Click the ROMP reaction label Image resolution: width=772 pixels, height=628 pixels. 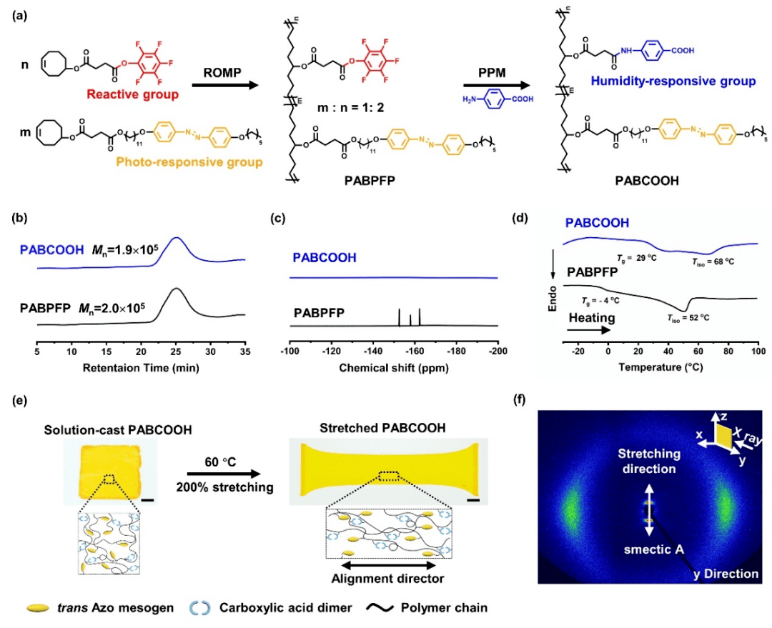pyautogui.click(x=222, y=72)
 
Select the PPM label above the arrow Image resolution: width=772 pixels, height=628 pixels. pyautogui.click(x=492, y=73)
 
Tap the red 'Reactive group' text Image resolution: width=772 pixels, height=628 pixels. pyautogui.click(x=132, y=94)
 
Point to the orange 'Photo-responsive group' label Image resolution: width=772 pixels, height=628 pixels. pyautogui.click(x=189, y=162)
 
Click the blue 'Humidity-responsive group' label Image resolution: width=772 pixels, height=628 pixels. pyautogui.click(x=673, y=81)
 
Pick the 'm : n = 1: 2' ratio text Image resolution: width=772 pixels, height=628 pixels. pyautogui.click(x=350, y=107)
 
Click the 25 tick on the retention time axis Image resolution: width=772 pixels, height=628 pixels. pyautogui.click(x=176, y=352)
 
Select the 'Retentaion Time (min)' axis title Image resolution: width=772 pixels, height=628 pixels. pyautogui.click(x=141, y=368)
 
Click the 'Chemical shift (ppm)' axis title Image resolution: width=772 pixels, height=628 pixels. pyautogui.click(x=394, y=368)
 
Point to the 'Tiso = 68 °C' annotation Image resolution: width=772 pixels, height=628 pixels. pyautogui.click(x=713, y=261)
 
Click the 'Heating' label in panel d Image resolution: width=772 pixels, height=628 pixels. pyautogui.click(x=592, y=318)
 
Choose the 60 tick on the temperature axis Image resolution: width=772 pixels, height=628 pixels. pyautogui.click(x=698, y=351)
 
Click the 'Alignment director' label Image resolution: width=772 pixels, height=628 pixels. pyautogui.click(x=388, y=579)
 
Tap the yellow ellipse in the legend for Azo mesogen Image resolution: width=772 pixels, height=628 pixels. pyautogui.click(x=38, y=608)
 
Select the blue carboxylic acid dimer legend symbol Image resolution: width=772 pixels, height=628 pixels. pyautogui.click(x=200, y=608)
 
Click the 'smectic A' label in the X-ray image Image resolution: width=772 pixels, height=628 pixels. pyautogui.click(x=654, y=549)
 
